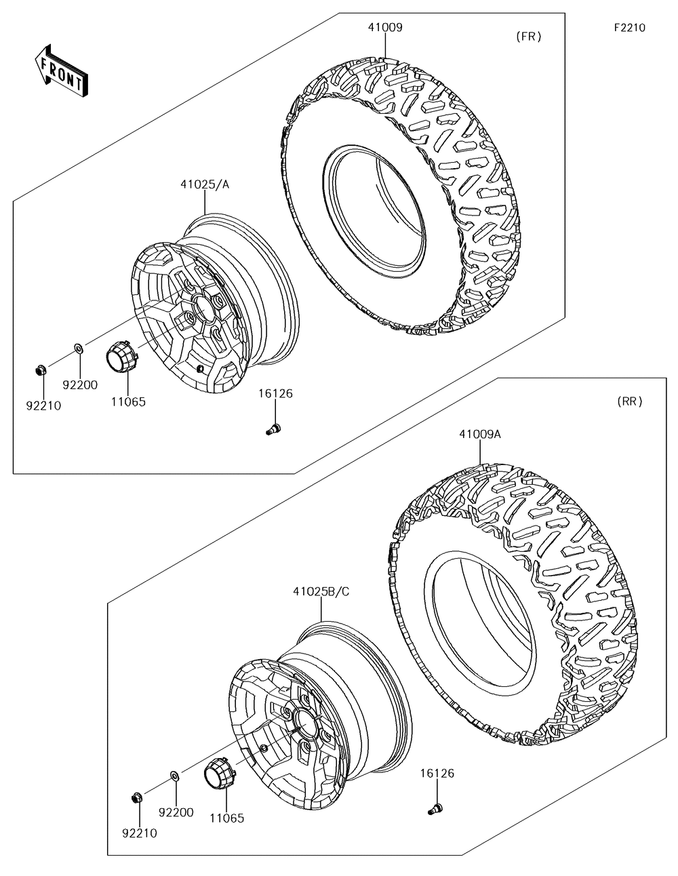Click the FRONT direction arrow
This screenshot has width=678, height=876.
(60, 70)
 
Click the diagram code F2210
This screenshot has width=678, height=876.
(629, 28)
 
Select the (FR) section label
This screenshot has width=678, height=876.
(528, 37)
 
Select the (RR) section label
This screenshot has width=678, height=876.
(630, 401)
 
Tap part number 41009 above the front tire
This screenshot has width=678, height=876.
(385, 28)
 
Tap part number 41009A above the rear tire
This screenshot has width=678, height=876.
(479, 434)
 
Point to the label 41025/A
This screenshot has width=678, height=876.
(205, 184)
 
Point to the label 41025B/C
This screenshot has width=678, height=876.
(321, 591)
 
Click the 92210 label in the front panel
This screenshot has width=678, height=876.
(43, 406)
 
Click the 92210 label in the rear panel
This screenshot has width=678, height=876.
(139, 833)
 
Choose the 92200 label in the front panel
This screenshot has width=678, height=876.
(80, 385)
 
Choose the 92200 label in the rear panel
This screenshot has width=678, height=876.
(176, 812)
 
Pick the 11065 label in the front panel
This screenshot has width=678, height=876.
(128, 401)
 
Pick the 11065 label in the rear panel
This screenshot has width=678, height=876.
(226, 818)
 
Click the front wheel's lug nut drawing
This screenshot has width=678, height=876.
(39, 370)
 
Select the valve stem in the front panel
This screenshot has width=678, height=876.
(275, 429)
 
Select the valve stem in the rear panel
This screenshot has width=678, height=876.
(436, 808)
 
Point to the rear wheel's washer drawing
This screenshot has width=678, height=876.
(174, 775)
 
